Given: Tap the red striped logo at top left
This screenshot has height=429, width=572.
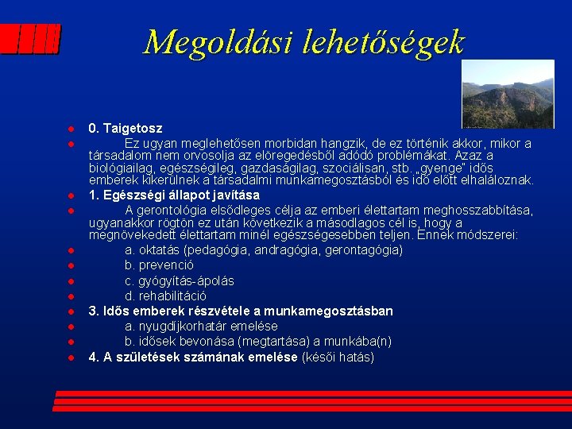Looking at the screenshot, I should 30,39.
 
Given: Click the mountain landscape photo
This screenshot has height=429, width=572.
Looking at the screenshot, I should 507,94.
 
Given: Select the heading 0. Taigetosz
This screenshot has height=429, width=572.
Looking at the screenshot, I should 125,128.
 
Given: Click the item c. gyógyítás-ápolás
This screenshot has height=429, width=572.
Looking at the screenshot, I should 179,281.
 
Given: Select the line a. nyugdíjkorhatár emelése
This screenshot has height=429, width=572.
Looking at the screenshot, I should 201,327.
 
